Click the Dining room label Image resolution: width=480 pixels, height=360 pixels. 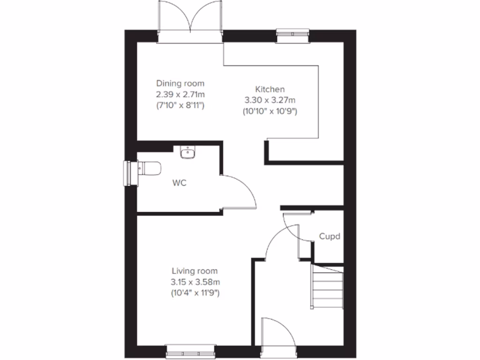click(180, 83)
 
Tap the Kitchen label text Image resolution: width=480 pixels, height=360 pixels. click(270, 89)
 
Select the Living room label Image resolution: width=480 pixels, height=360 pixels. click(195, 271)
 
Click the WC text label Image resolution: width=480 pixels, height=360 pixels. click(179, 183)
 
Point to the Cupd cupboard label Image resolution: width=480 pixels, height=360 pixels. click(330, 237)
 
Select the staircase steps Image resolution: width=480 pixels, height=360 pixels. click(328, 287)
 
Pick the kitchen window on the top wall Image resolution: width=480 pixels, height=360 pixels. click(293, 35)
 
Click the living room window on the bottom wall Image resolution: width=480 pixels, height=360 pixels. click(191, 350)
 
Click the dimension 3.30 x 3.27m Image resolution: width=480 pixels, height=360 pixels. click(270, 100)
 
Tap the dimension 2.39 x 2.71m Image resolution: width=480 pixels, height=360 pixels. click(180, 95)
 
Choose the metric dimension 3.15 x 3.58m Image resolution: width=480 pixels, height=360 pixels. click(195, 282)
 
